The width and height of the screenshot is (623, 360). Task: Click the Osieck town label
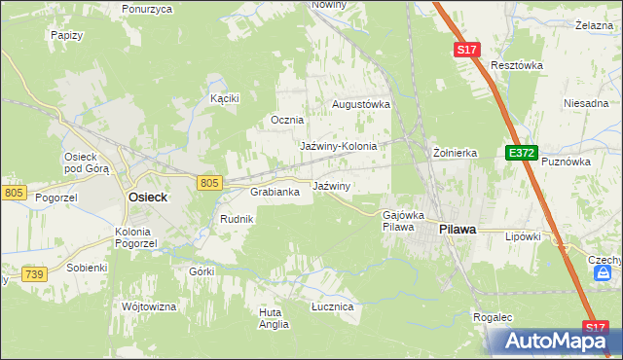(148, 197)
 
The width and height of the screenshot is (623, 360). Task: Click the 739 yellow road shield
(34, 275)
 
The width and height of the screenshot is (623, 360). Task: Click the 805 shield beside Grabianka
(209, 182)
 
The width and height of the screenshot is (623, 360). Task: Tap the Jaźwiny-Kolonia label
(338, 146)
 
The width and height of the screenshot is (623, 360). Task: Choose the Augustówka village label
(361, 103)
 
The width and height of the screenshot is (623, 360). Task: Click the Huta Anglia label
(274, 318)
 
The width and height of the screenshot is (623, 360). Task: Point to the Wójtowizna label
(149, 306)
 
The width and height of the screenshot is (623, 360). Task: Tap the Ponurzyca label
(147, 9)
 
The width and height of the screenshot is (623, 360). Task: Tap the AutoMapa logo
(555, 341)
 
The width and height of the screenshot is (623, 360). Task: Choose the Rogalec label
(493, 317)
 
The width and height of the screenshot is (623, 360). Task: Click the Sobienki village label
(86, 266)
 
